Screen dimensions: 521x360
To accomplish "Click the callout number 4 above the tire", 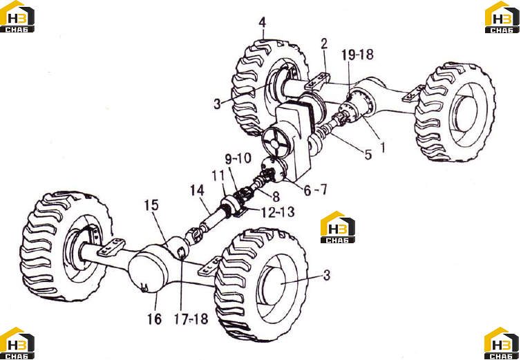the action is [263, 23].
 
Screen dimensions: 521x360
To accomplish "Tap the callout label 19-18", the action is [357, 54].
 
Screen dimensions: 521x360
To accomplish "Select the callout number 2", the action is [324, 44].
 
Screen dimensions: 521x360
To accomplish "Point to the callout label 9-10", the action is [238, 158].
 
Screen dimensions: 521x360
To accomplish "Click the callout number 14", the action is [197, 191].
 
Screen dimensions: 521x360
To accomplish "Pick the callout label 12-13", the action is [278, 212].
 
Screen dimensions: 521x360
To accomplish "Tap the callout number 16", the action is [155, 319].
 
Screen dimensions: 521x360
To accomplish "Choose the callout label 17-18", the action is [191, 319].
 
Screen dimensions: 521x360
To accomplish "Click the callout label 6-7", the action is [315, 190].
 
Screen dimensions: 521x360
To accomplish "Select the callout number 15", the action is [151, 205].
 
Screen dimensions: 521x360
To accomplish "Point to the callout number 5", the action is [368, 155].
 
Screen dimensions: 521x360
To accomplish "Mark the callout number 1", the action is [382, 147].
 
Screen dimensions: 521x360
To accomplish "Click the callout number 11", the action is [218, 176].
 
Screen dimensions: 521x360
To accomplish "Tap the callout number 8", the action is [276, 197].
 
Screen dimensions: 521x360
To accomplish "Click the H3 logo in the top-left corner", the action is [17, 17].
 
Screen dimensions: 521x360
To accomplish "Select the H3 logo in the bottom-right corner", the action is [502, 343].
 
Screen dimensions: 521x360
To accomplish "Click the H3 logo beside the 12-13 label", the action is [338, 227].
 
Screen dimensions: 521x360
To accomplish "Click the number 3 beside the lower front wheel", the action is [327, 275].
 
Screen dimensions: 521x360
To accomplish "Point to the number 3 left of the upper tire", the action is [217, 104].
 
